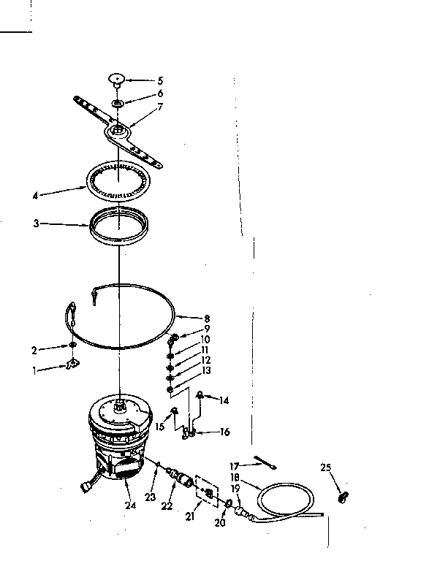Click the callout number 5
pos(160,80)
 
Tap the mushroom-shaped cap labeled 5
pos(116,77)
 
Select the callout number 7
pos(160,107)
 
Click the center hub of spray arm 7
pos(116,131)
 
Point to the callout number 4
pos(35,195)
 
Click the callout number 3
pos(35,224)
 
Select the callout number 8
pos(207,318)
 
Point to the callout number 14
pos(224,400)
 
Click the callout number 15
pos(160,427)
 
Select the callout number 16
pos(224,432)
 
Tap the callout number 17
pos(235,465)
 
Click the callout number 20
pos(221,523)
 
